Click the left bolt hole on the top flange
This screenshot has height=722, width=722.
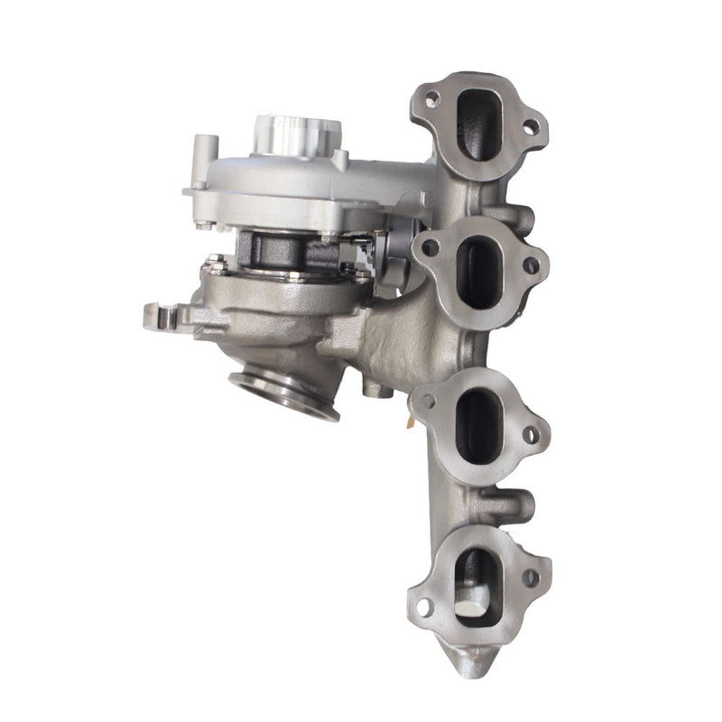[432, 98]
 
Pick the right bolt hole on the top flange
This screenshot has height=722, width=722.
[530, 126]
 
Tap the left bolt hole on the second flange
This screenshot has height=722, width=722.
[431, 246]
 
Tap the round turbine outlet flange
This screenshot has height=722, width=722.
[285, 393]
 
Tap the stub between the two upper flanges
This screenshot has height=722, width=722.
[518, 217]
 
